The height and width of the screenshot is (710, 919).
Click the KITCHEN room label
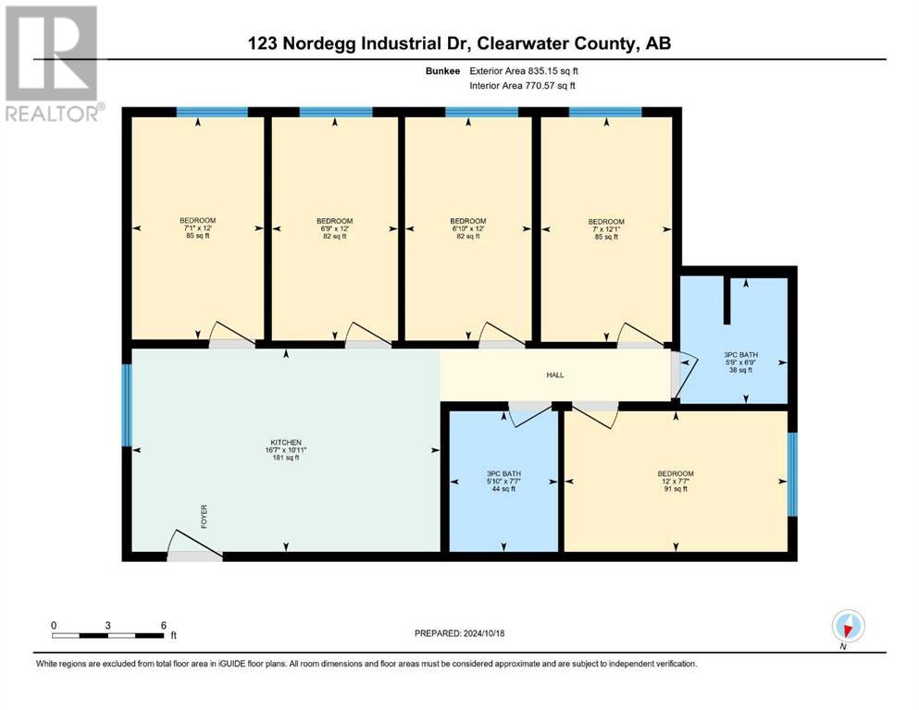[286, 443]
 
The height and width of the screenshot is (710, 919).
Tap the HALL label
[555, 374]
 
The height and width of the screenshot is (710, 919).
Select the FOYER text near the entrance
[204, 517]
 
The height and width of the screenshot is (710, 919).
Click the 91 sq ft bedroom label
[676, 481]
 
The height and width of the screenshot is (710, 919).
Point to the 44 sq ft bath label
[504, 481]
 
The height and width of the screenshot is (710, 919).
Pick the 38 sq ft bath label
[740, 361]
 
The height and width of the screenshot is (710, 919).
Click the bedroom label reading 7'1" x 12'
[197, 227]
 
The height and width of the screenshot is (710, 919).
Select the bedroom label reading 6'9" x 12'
[335, 228]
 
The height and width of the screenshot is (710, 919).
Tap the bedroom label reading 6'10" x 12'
[468, 228]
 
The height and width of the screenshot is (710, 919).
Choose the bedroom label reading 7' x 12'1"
[606, 229]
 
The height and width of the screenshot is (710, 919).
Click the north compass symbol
[848, 626]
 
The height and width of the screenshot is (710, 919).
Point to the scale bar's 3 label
[108, 625]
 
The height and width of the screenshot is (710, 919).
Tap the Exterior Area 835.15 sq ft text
[524, 71]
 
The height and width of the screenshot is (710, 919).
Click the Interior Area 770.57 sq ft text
[522, 85]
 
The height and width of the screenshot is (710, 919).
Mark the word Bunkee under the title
[443, 71]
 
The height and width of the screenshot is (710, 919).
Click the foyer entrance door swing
[194, 544]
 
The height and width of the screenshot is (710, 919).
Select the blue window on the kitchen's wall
[127, 405]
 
